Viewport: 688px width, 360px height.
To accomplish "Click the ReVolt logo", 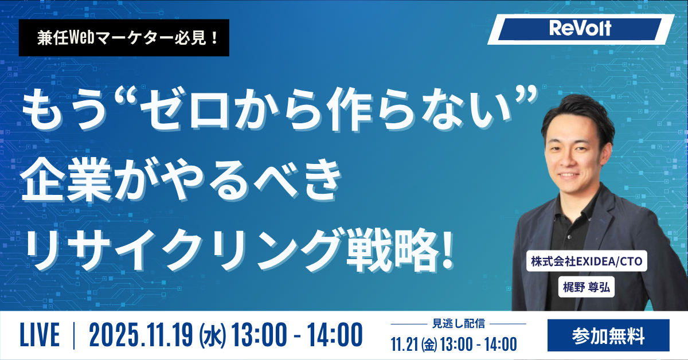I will click(580, 29).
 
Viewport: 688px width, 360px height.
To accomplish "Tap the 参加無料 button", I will click(608, 335).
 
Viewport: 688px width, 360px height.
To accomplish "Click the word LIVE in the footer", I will click(40, 336).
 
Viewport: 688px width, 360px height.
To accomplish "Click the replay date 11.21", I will click(404, 344).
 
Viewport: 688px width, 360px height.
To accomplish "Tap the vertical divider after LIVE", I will click(74, 336).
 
